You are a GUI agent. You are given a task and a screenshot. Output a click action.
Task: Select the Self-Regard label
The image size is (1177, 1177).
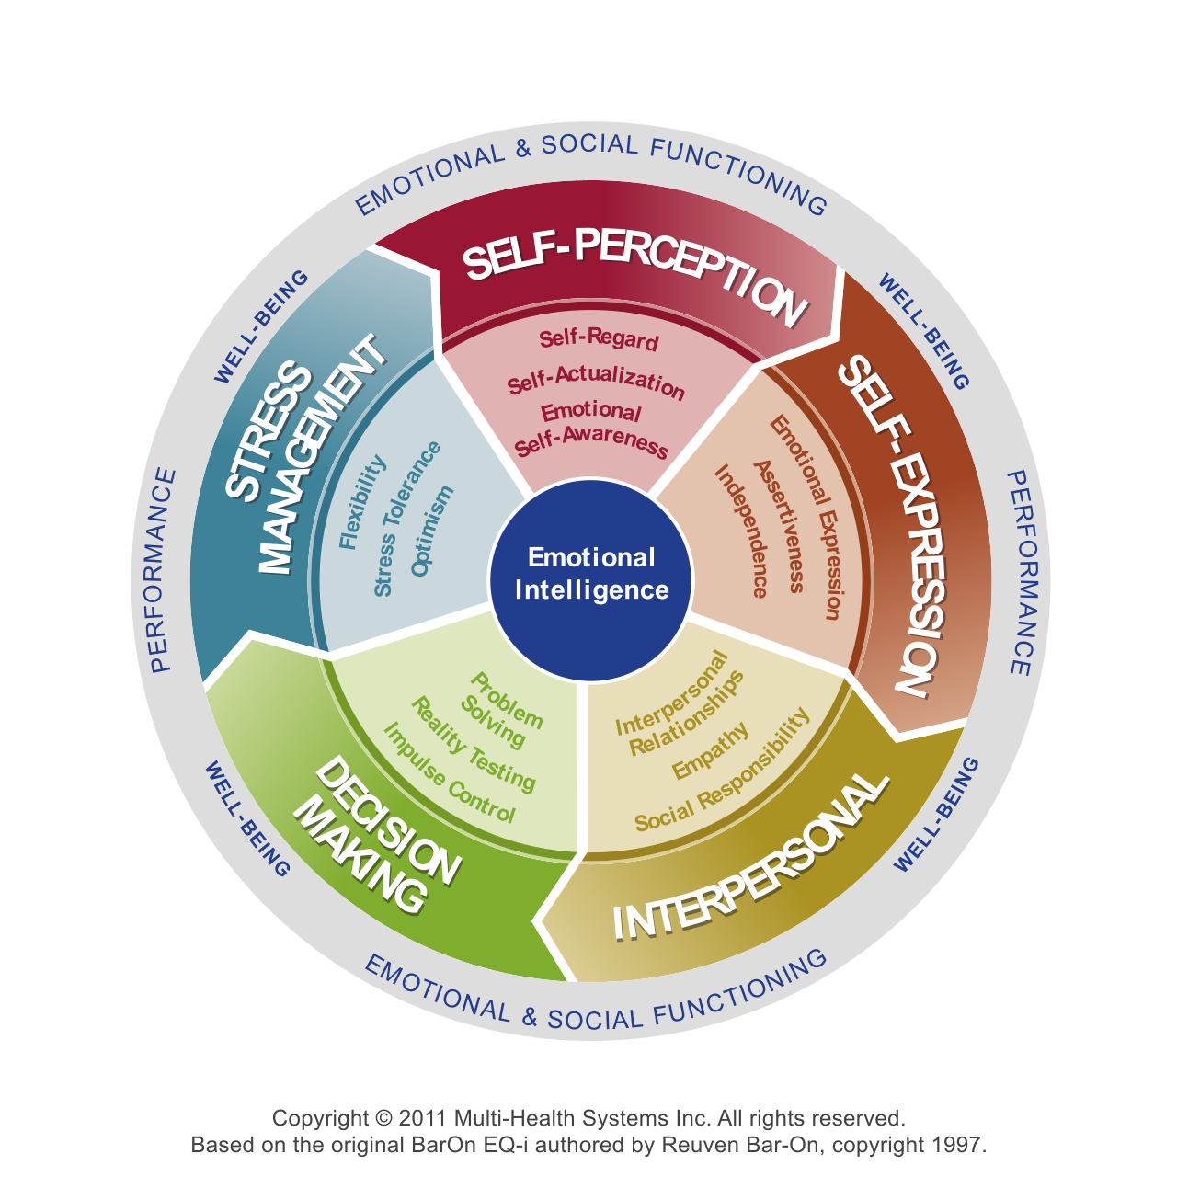(599, 338)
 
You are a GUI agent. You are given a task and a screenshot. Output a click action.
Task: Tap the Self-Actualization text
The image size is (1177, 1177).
(596, 383)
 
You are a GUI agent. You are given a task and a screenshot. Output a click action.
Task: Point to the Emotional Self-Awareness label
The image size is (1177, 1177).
(590, 428)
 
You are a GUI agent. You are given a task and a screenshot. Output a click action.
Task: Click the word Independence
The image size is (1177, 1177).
(741, 531)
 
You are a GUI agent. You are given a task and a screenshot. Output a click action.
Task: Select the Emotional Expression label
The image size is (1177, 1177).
(806, 516)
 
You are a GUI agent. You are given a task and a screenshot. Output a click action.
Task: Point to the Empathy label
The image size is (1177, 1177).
(710, 750)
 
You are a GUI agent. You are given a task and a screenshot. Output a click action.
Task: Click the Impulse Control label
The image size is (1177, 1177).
(449, 773)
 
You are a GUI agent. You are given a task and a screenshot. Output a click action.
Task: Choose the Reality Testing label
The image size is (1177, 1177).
(473, 744)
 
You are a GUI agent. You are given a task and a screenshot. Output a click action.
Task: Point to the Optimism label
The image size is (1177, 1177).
(432, 531)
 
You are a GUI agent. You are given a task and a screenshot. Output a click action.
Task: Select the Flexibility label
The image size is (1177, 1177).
(362, 503)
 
